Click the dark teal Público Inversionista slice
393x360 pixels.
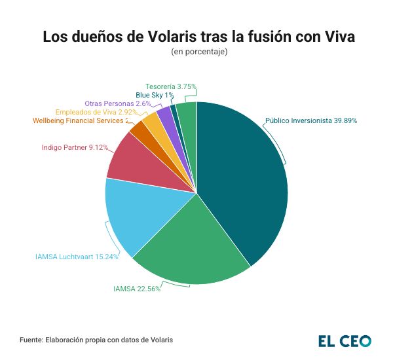pyautogui.click(x=246, y=177)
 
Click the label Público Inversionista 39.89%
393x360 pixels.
pyautogui.click(x=311, y=120)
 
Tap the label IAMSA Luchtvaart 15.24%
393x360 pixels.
pyautogui.click(x=77, y=257)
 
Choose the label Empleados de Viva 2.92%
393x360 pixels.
pyautogui.click(x=96, y=112)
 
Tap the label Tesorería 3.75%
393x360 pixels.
pyautogui.click(x=171, y=86)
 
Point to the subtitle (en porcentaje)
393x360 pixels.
pyautogui.click(x=198, y=52)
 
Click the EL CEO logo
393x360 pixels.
pyautogui.click(x=345, y=341)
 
